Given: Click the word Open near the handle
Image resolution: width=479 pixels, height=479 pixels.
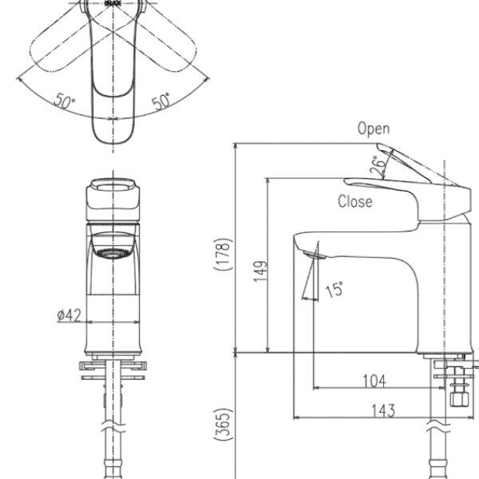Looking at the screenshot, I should (x=374, y=129).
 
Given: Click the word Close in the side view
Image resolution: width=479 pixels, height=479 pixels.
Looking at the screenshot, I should (x=354, y=202).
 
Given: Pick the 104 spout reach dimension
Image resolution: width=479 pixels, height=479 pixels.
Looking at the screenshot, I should (x=374, y=380).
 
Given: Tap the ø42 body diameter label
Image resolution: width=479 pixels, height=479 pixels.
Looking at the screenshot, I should (x=69, y=315).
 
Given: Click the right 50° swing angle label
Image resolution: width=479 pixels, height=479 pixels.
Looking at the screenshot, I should (x=161, y=101).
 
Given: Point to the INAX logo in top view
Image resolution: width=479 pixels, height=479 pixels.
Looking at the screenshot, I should (x=113, y=3).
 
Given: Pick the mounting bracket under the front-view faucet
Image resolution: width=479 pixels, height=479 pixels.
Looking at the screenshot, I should (x=113, y=369).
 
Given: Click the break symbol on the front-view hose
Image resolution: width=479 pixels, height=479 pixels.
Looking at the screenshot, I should (x=113, y=427).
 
